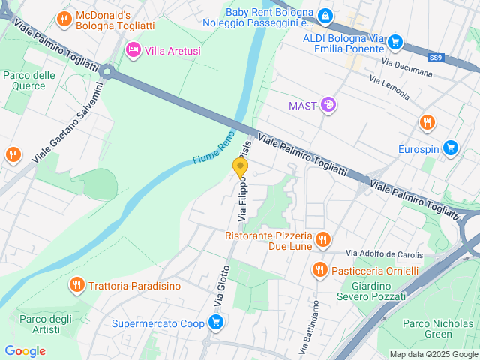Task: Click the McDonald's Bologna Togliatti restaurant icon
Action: pos(65,19)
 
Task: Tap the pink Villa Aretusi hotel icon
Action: pos(133,49)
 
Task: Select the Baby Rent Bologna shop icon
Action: pos(325,15)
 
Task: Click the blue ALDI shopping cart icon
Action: pos(397,43)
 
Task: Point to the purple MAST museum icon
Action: pos(328,105)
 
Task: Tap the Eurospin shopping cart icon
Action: pos(450,148)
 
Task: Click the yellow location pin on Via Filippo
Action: pos(240,168)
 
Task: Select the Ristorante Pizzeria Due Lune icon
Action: pos(322,240)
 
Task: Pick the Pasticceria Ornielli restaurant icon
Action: pos(320,269)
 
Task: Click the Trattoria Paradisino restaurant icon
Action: pos(77,285)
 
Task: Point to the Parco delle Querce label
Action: pos(29,80)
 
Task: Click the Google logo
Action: pos(25,351)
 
